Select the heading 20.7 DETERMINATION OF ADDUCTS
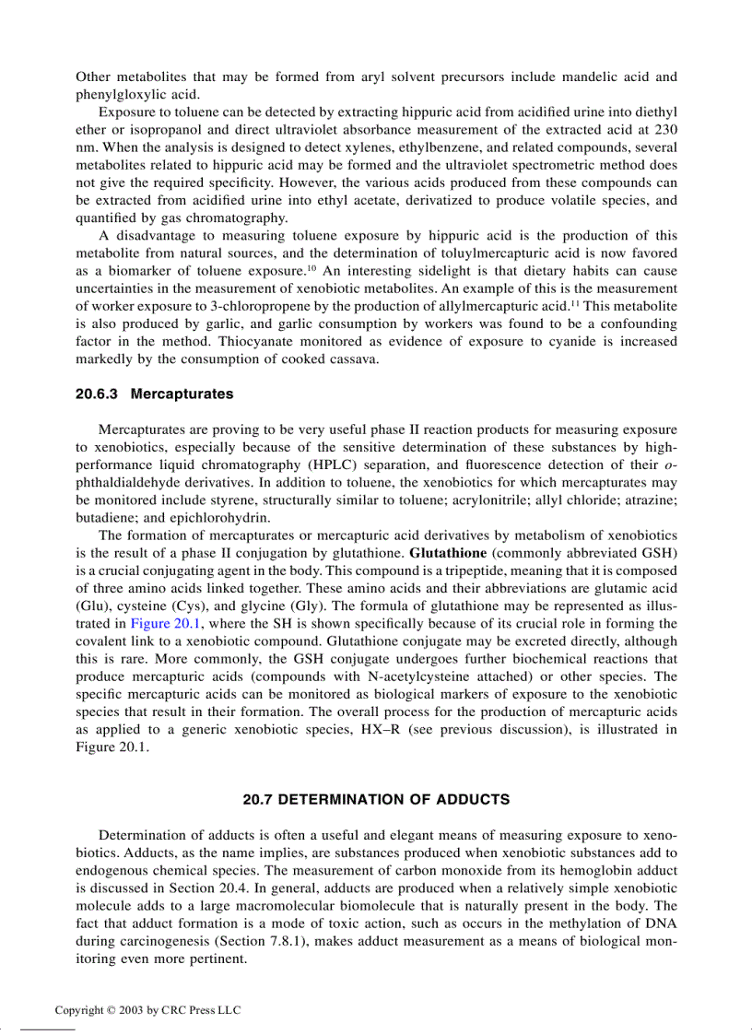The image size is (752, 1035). pos(376,799)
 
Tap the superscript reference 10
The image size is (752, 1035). pos(311,267)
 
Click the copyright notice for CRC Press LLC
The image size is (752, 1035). pos(147,1010)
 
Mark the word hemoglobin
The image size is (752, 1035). pos(586,870)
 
